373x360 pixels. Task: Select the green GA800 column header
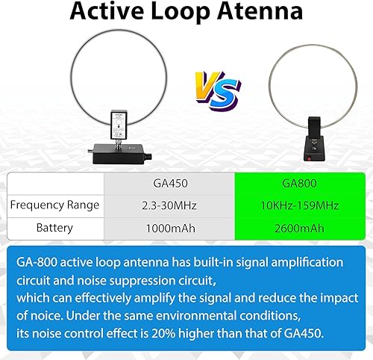(x=299, y=181)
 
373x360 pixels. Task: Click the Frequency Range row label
(x=56, y=204)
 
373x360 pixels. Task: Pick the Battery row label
(x=56, y=227)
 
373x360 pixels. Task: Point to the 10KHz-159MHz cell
(x=299, y=204)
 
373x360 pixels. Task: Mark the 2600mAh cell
(x=299, y=227)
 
